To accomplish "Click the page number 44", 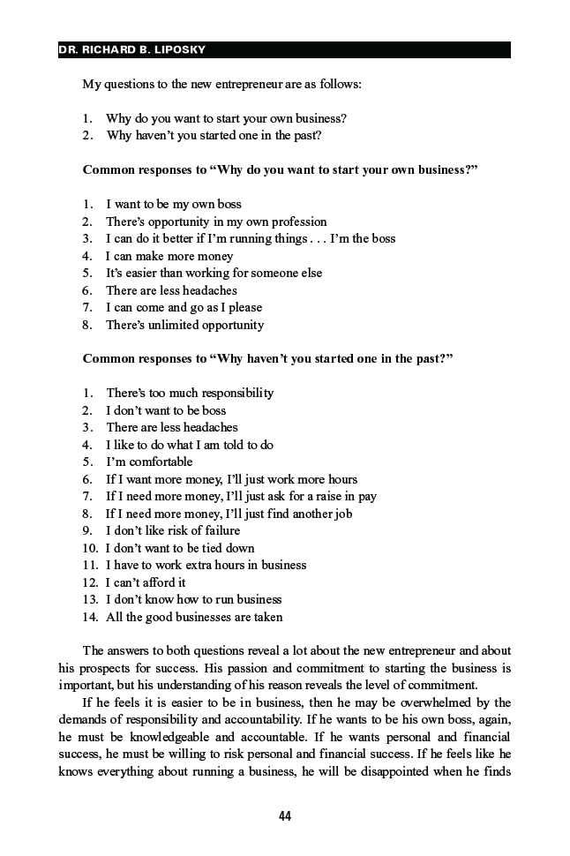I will [285, 816].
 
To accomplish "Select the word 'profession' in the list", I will [297, 222].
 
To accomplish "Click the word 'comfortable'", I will [161, 462].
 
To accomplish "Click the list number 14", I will [89, 617].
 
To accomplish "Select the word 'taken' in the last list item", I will [267, 617].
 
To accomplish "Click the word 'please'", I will [245, 307].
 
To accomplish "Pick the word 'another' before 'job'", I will [309, 514].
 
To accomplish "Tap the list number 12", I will [89, 582].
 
